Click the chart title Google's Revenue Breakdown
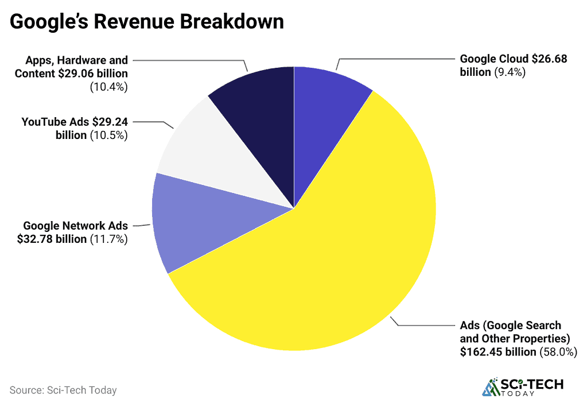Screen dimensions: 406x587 click(147, 22)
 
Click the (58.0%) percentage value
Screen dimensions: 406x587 click(557, 352)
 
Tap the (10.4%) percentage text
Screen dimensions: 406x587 click(108, 87)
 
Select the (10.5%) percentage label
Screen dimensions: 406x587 click(108, 136)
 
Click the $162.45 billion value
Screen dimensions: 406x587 click(497, 352)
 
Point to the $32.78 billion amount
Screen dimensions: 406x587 click(52, 239)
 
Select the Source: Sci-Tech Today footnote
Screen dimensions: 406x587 click(63, 390)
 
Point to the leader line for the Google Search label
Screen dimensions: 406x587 click(425, 326)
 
